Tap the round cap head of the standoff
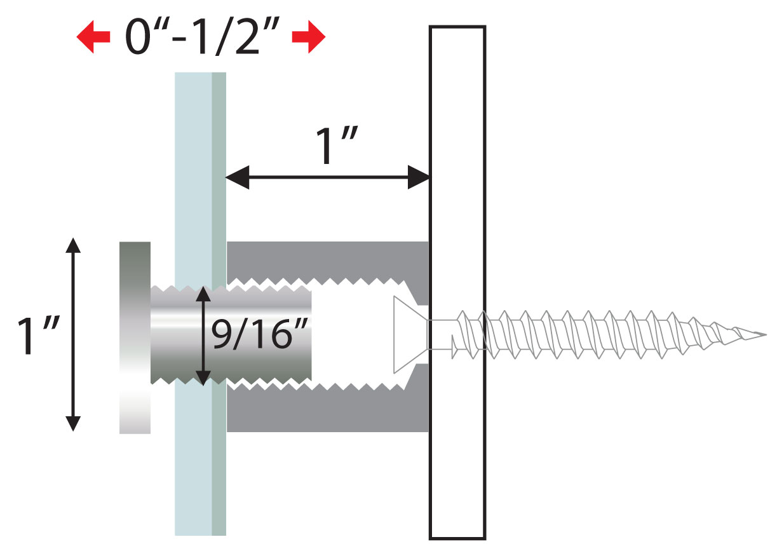coord(135,337)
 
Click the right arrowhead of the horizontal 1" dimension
coord(419,178)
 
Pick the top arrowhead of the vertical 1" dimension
coord(74,245)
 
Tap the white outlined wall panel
coord(457,127)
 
